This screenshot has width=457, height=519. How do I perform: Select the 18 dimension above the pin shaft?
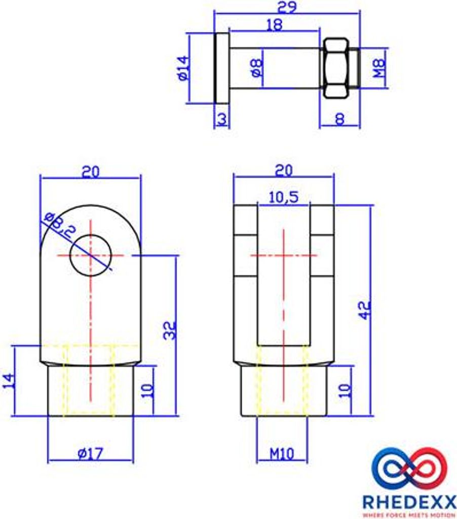click(274, 25)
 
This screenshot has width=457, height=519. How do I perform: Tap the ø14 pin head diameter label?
click(183, 68)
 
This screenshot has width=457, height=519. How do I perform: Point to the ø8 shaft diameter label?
click(257, 68)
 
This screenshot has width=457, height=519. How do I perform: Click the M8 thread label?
click(379, 68)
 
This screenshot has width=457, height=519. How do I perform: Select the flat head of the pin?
click(222, 68)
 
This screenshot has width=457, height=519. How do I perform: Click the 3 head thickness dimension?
click(222, 119)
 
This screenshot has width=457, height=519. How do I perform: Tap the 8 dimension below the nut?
click(339, 119)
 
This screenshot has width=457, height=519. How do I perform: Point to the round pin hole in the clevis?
click(91, 255)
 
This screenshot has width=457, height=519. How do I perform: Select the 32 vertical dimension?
click(170, 330)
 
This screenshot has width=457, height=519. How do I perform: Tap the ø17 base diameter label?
click(91, 454)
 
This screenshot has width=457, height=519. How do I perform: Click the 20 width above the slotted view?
click(283, 171)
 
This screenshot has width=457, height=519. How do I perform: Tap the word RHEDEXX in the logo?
click(408, 502)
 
